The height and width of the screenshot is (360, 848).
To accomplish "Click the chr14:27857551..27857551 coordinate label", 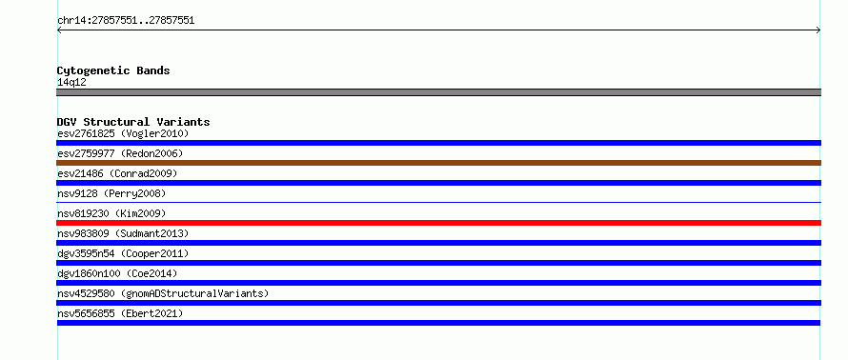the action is pyautogui.click(x=126, y=21).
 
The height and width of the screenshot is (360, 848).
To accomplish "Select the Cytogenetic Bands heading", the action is pyautogui.click(x=113, y=70).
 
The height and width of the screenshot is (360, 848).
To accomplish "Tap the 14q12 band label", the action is pyautogui.click(x=71, y=83).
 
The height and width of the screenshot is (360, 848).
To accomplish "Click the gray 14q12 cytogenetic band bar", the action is pyautogui.click(x=438, y=92).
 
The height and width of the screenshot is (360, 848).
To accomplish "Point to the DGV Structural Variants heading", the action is pyautogui.click(x=133, y=122).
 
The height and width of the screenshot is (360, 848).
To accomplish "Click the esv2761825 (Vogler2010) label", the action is pyautogui.click(x=123, y=133).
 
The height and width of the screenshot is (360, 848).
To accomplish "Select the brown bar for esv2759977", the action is pyautogui.click(x=438, y=163).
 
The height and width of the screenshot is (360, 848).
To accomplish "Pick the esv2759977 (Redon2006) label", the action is pyautogui.click(x=120, y=153).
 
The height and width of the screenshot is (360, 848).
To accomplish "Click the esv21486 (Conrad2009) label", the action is pyautogui.click(x=117, y=173).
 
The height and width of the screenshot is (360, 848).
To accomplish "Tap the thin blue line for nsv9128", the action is pyautogui.click(x=438, y=202).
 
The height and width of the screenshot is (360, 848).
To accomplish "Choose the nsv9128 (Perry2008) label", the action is pyautogui.click(x=111, y=193).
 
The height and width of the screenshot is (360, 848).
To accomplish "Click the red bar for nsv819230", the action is pyautogui.click(x=438, y=223).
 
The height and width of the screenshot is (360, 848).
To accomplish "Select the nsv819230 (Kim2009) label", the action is pyautogui.click(x=111, y=213).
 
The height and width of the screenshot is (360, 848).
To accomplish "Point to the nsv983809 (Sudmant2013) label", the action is pyautogui.click(x=123, y=233).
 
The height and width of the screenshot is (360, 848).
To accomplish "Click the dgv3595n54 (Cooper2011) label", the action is pyautogui.click(x=123, y=253).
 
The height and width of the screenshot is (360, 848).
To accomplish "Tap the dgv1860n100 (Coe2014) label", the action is pyautogui.click(x=117, y=273).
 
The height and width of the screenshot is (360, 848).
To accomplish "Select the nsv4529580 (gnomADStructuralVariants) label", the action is pyautogui.click(x=163, y=293).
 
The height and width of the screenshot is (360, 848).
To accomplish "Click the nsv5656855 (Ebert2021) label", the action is pyautogui.click(x=120, y=313).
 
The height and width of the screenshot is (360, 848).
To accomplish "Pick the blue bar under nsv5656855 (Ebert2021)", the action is pyautogui.click(x=438, y=323).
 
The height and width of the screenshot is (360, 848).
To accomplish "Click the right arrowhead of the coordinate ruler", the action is pyautogui.click(x=818, y=30).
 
